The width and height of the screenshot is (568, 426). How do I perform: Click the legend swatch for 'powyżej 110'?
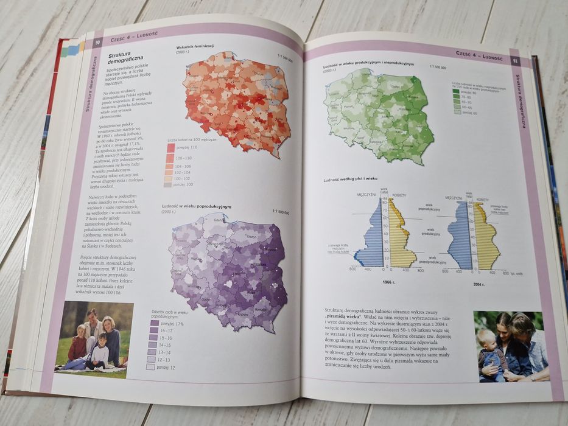pyautogui.click(x=170, y=148)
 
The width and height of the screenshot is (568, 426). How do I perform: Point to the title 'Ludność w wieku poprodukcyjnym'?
pyautogui.click(x=196, y=207)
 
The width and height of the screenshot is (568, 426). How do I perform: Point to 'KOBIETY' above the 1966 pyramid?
pyautogui.click(x=399, y=195)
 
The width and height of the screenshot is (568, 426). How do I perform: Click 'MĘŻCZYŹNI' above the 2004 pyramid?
pyautogui.click(x=455, y=198)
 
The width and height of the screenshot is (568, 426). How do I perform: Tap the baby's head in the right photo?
pyautogui.click(x=485, y=337)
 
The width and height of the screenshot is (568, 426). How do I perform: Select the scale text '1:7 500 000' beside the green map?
pyautogui.click(x=438, y=67)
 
